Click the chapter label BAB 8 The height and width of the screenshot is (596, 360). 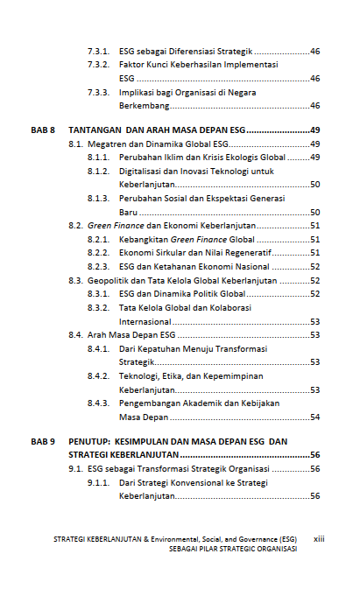pyautogui.click(x=43, y=130)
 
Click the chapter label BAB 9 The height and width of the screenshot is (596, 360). pyautogui.click(x=43, y=442)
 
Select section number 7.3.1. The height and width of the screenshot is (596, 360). pyautogui.click(x=97, y=52)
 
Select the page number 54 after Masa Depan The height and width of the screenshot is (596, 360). pyautogui.click(x=314, y=417)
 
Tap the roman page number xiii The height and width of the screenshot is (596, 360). pyautogui.click(x=319, y=539)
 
